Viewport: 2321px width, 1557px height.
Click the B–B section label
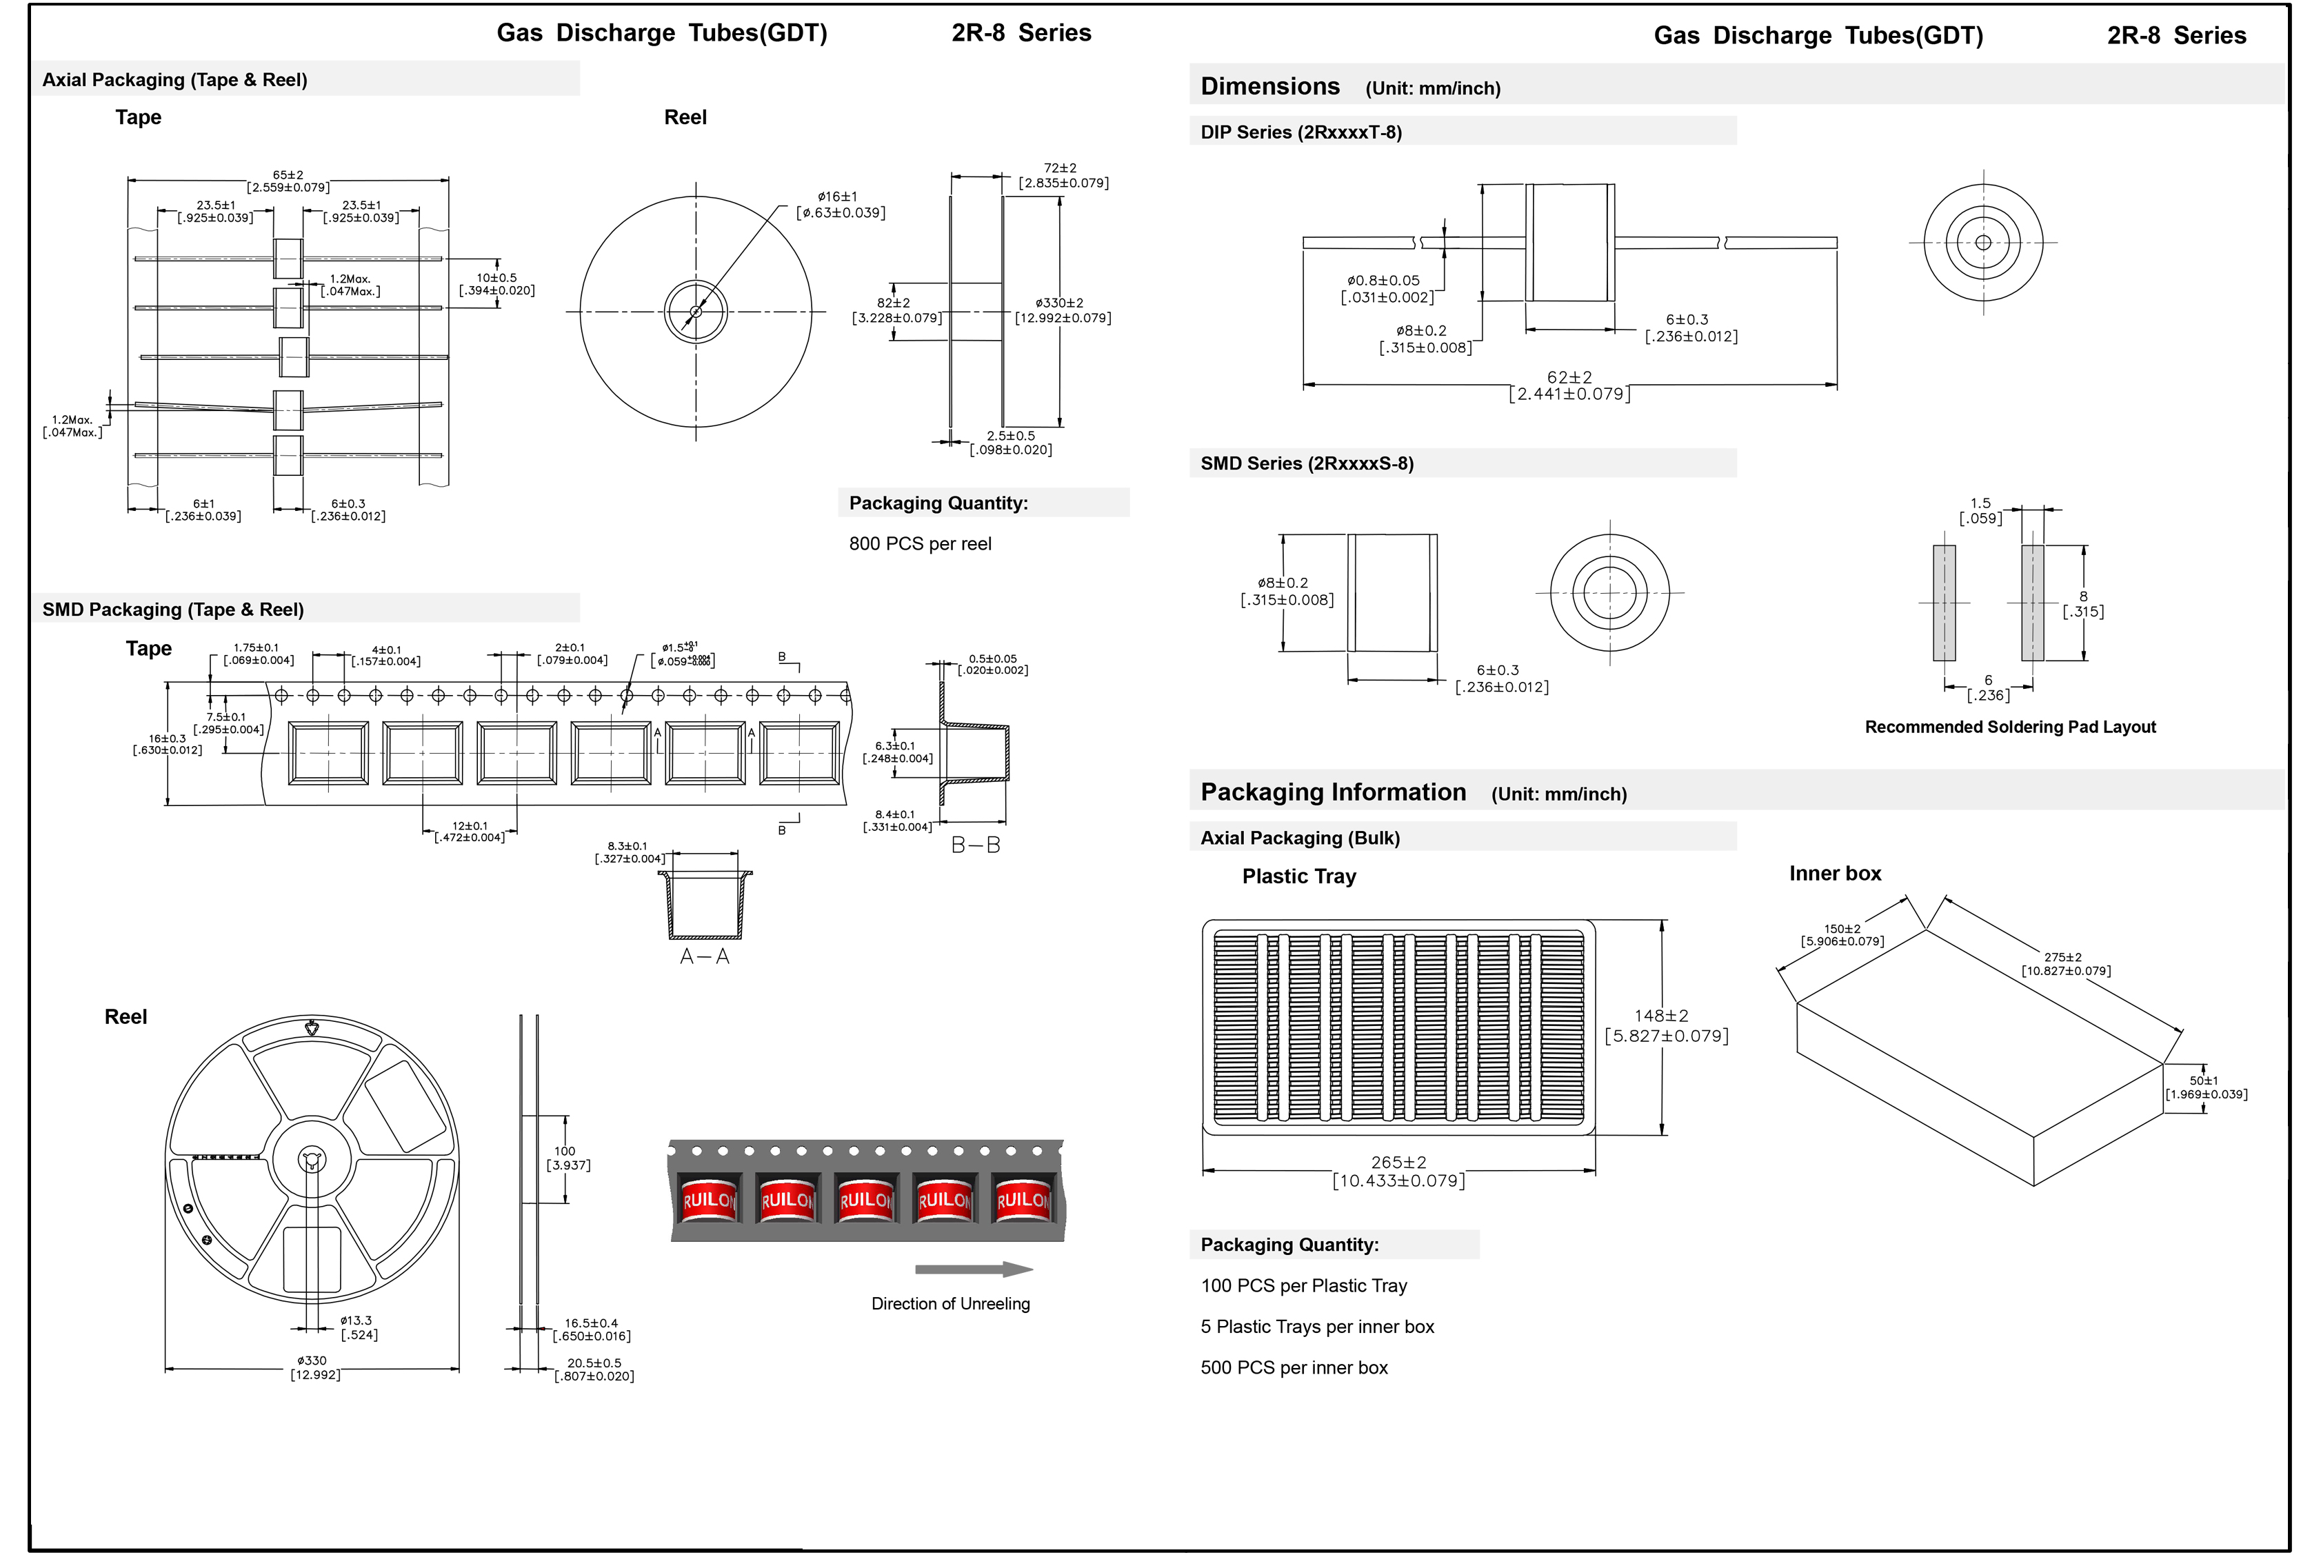(x=975, y=845)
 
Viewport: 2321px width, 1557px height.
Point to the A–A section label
(x=704, y=956)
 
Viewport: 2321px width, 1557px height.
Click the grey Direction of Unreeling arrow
(x=973, y=1269)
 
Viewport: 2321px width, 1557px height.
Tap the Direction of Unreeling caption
(x=950, y=1304)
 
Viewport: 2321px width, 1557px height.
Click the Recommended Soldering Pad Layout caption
(x=2009, y=727)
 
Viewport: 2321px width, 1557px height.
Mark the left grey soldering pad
(x=1944, y=603)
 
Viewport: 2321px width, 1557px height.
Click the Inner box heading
(x=1835, y=874)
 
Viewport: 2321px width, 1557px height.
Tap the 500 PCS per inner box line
(x=1294, y=1367)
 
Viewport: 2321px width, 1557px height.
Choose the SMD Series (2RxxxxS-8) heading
(x=1307, y=464)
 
